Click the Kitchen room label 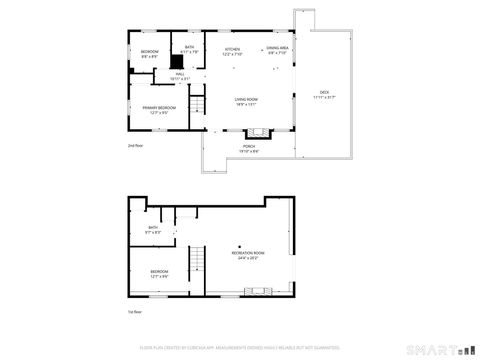pos(232,49)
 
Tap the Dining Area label pos(278,48)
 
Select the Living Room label pos(246,99)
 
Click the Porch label pos(249,146)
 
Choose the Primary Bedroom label pos(158,107)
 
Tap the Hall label pos(180,74)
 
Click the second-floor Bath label pos(189,48)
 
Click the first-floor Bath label pos(153,229)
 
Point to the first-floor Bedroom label pos(159,271)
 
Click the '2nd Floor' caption pos(135,146)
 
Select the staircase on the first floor pos(198,271)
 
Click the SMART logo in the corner pos(433,350)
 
